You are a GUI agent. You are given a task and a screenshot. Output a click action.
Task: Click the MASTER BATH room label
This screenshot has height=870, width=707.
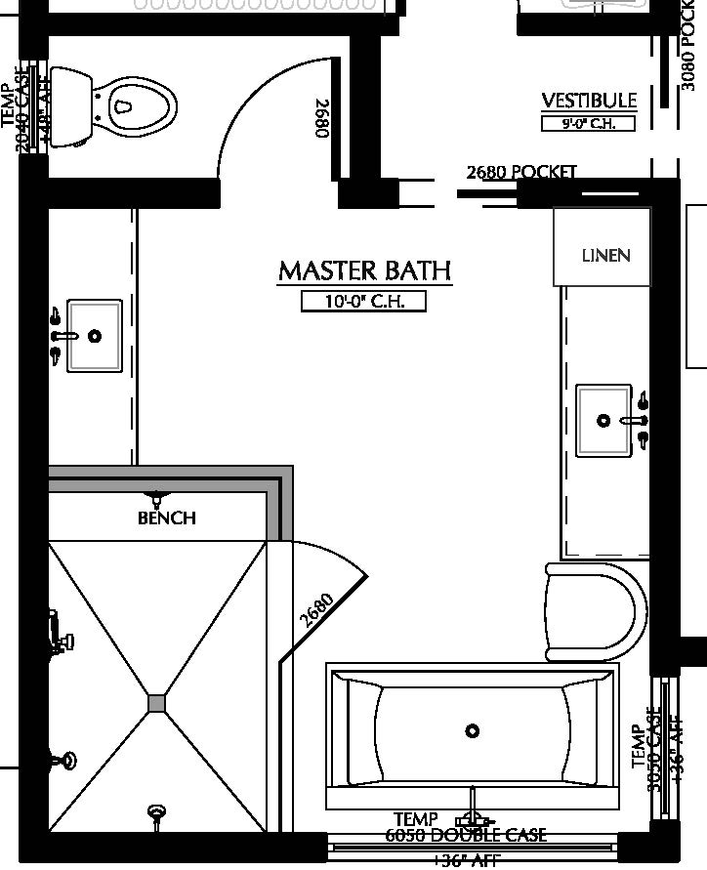[365, 270]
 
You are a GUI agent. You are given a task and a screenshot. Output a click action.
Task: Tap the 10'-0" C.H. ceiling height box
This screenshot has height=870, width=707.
[364, 302]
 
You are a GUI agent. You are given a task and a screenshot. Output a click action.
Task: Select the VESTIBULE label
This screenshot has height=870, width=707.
[589, 101]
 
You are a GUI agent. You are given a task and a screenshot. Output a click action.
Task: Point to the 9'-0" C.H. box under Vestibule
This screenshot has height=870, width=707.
[588, 124]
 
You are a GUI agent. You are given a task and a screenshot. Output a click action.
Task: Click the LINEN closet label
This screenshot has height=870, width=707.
[605, 256]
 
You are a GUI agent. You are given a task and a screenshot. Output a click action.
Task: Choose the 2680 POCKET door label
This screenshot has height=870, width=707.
[521, 172]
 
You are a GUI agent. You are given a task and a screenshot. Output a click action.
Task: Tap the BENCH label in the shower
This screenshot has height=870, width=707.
[167, 518]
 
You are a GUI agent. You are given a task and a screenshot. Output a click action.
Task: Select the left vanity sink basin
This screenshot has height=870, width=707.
[95, 336]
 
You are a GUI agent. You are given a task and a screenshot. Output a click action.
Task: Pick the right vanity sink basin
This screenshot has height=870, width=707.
[603, 421]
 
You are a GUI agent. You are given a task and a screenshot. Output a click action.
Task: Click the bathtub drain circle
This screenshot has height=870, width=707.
[473, 730]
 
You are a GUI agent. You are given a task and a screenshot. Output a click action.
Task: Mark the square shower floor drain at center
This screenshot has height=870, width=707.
[157, 703]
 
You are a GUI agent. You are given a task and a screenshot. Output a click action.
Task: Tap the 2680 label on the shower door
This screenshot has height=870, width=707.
[317, 610]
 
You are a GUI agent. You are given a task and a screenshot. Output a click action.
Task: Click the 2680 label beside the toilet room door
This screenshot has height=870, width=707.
[321, 118]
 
